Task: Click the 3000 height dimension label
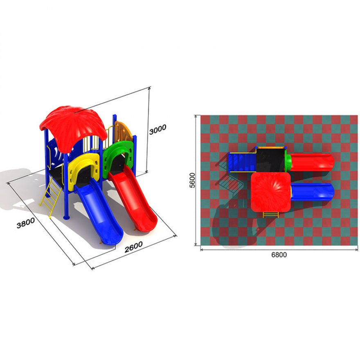[157, 130]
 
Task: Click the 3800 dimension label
[26, 223]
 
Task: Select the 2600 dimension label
[133, 247]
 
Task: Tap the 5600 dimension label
[192, 180]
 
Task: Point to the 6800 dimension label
[279, 254]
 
